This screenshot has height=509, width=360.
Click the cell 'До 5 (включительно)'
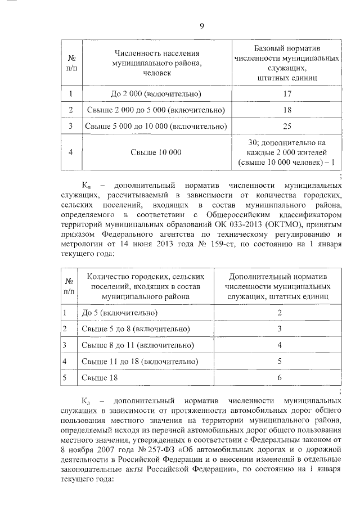[119, 312]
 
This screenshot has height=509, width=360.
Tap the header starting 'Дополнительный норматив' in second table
[279, 285]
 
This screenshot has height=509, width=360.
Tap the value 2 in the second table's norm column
[279, 312]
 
